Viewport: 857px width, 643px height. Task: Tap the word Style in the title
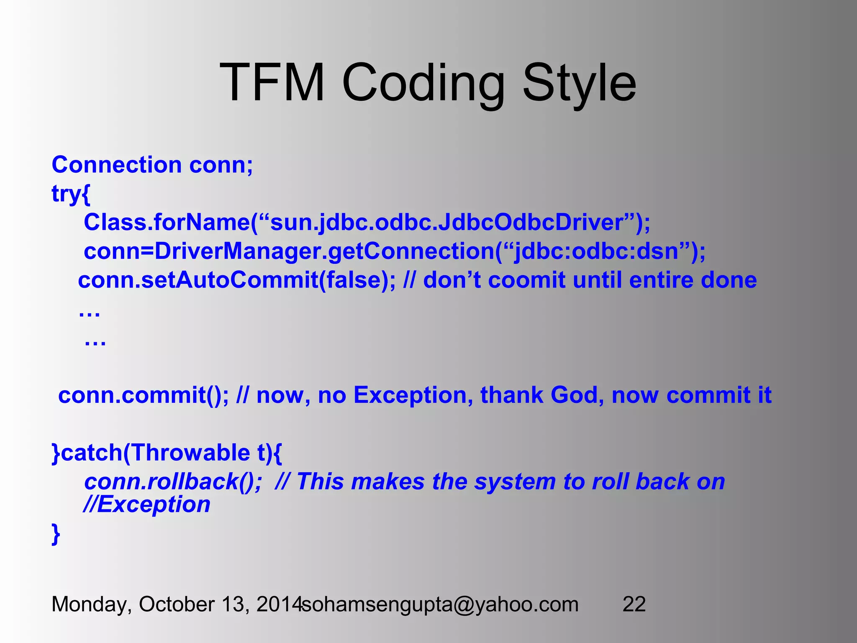click(x=579, y=82)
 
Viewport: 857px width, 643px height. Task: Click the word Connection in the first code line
click(x=116, y=165)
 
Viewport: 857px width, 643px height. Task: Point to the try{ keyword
click(x=71, y=193)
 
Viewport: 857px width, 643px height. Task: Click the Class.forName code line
click(x=367, y=222)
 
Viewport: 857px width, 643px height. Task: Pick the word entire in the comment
click(x=661, y=280)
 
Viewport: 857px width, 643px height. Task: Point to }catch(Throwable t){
click(x=167, y=453)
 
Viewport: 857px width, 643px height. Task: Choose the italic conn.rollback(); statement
click(x=173, y=482)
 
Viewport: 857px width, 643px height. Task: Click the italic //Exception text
click(x=147, y=504)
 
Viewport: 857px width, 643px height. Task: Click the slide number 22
click(x=634, y=604)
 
